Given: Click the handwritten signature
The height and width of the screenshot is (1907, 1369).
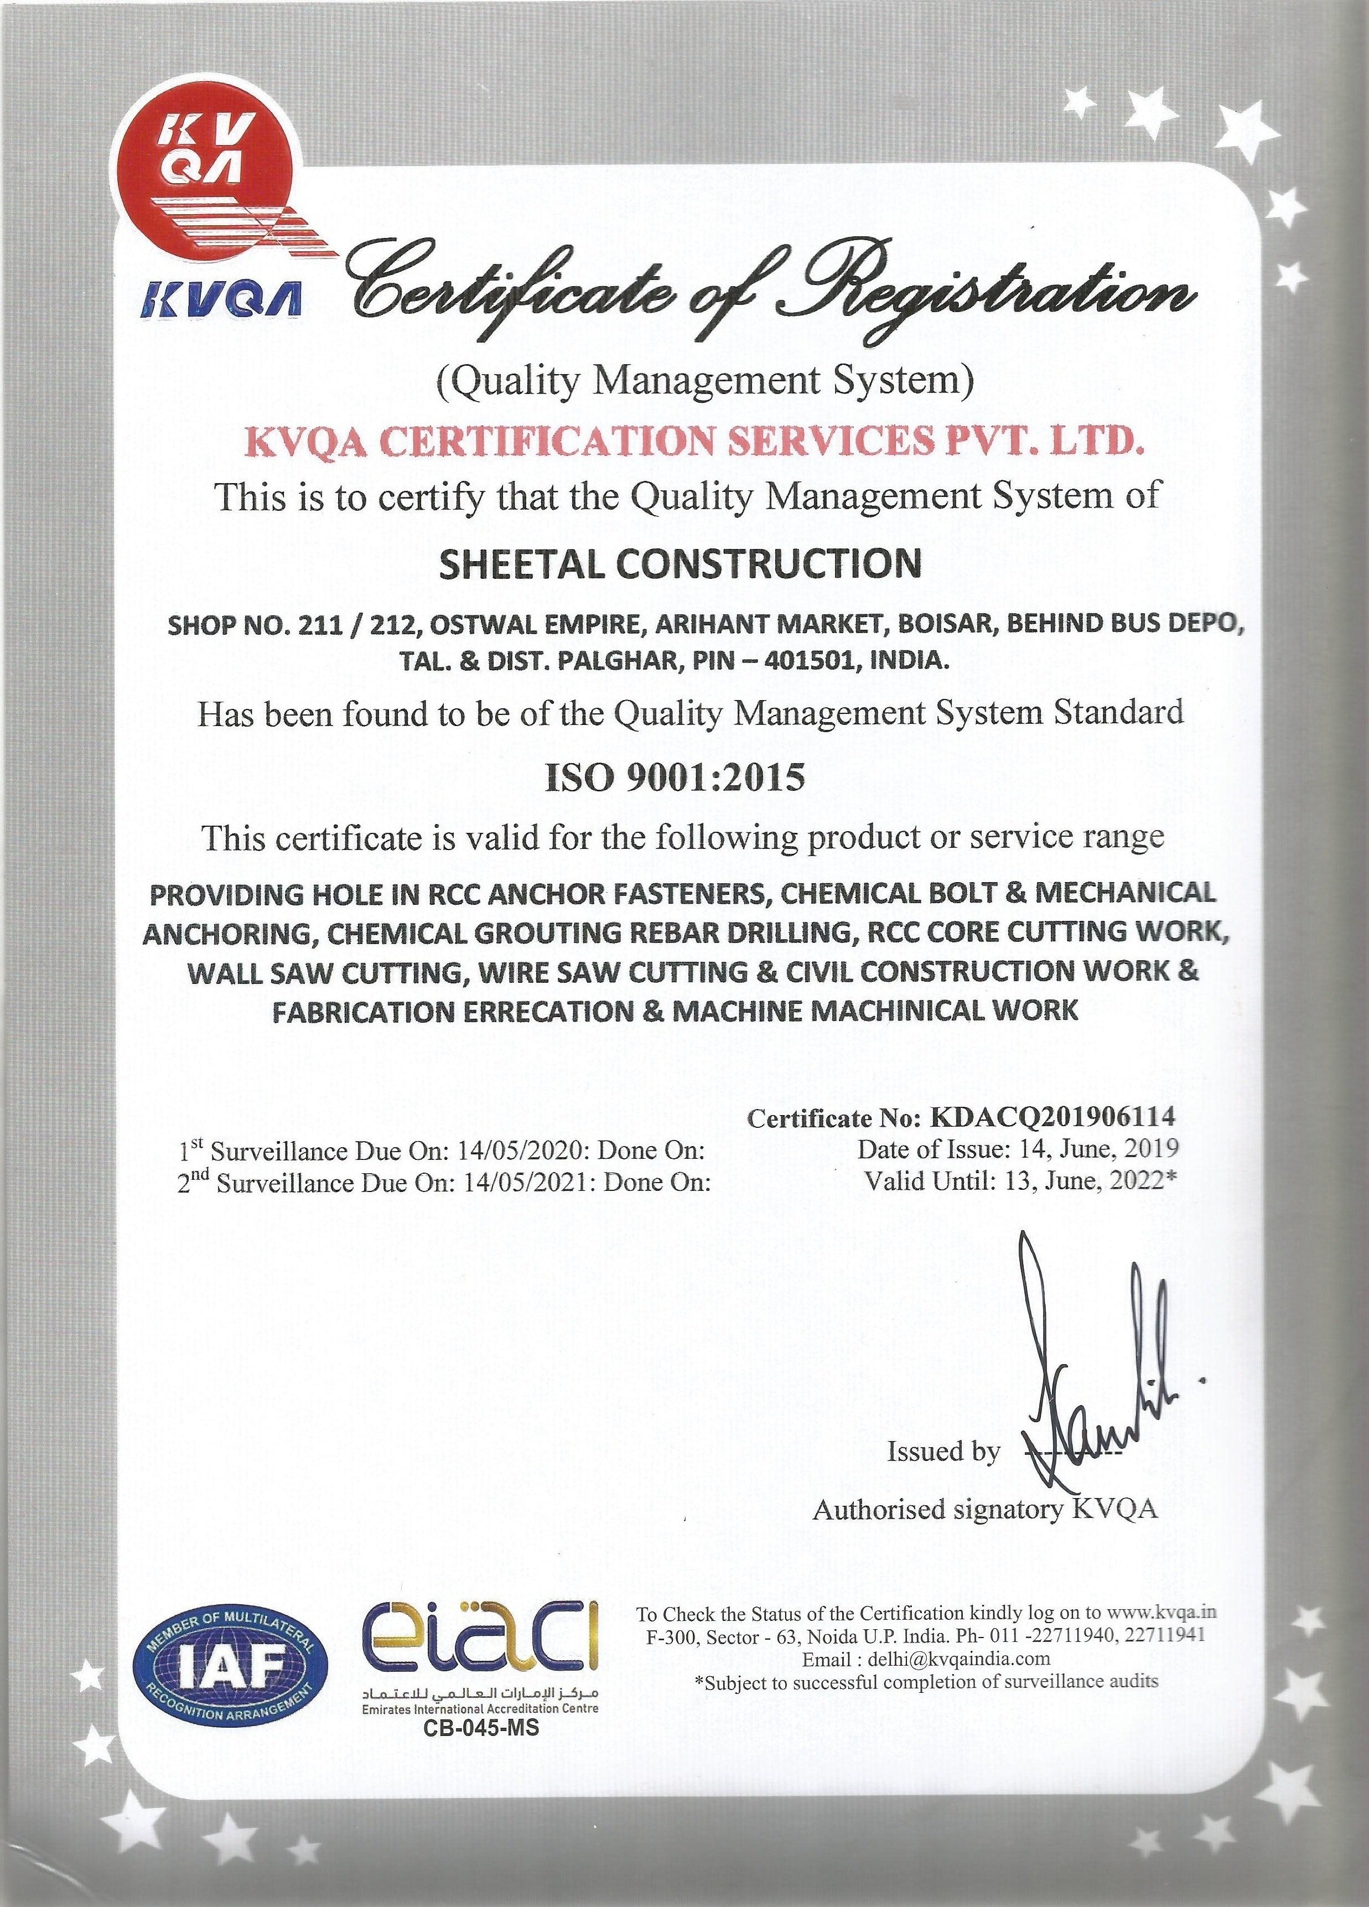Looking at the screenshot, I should click(1085, 1379).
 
